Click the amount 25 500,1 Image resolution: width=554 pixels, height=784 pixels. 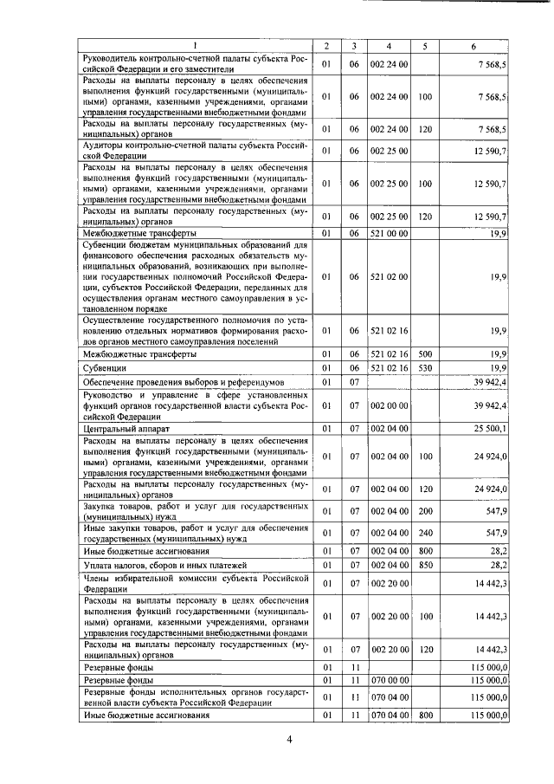point(491,428)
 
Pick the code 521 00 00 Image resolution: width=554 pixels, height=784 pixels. point(389,233)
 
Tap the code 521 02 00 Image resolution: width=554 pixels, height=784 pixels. point(389,276)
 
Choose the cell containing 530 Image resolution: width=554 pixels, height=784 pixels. point(424,369)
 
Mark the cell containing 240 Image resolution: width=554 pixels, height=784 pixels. point(424,533)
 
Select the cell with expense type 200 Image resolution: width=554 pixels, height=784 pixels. point(424,511)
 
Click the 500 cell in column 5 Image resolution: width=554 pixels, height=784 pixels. point(424,354)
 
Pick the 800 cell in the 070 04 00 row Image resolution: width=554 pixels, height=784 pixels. point(424,716)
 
